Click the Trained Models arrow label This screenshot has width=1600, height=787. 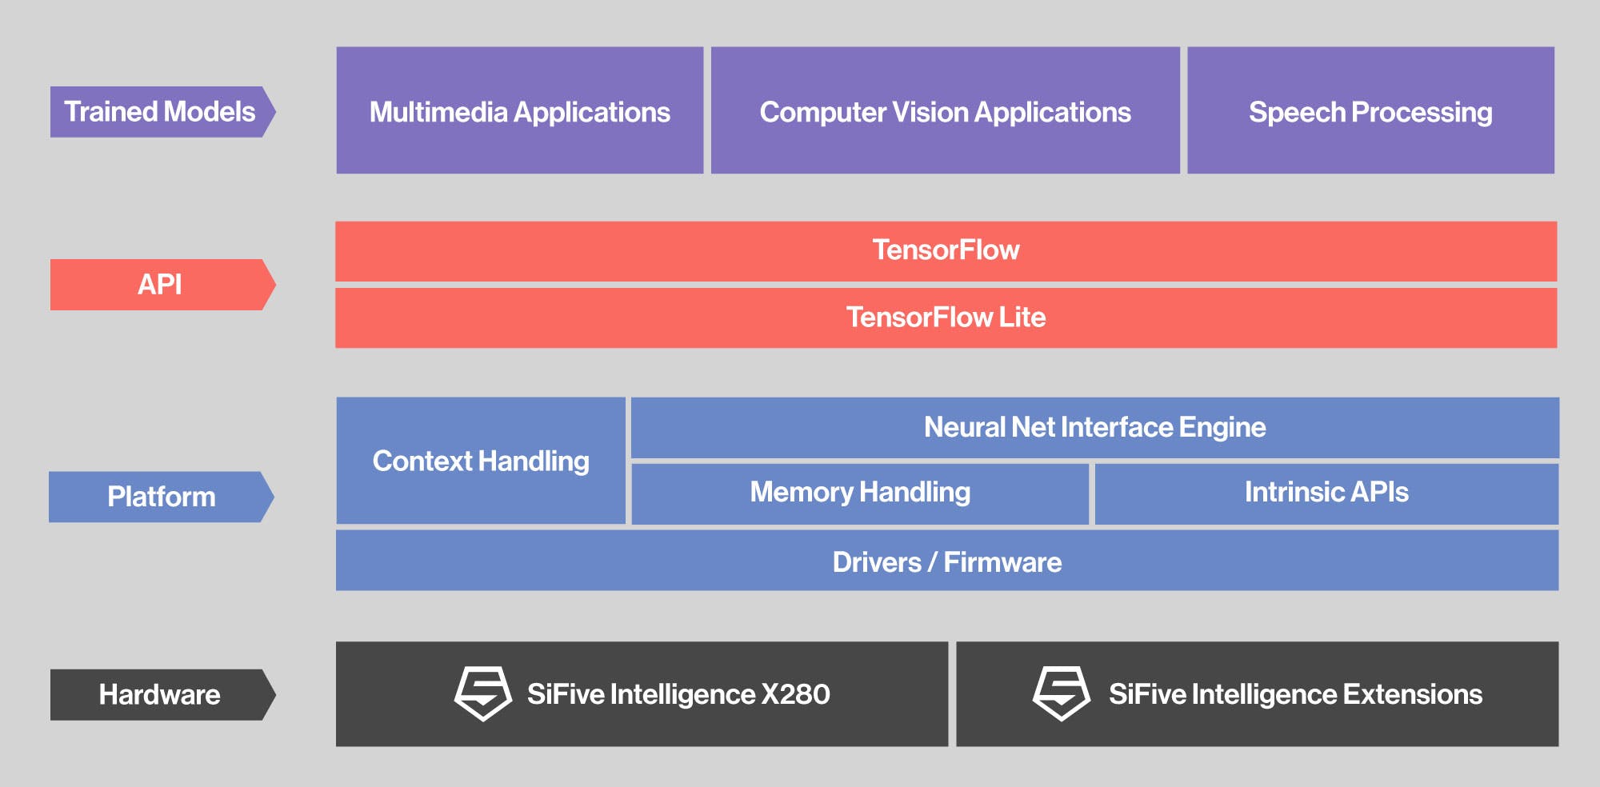point(160,112)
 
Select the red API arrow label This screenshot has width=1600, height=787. point(160,285)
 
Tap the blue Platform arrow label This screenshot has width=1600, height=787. point(160,497)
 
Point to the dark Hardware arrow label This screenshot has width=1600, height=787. point(160,694)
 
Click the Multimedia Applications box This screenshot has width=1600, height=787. point(520,110)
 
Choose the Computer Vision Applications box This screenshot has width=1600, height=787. point(945,110)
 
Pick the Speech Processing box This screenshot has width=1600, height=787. point(1370,110)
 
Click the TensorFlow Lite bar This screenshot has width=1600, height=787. point(946,318)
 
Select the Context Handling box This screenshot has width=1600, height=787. point(481,461)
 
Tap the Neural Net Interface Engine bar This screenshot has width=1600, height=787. point(1094,427)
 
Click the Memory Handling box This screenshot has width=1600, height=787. point(860,493)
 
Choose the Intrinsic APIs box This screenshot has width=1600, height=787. point(1326,493)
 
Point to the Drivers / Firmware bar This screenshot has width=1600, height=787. point(946,561)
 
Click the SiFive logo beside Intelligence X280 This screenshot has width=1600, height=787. point(483,693)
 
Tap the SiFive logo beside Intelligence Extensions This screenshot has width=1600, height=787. point(1061,693)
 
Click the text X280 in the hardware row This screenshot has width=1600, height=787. point(795,694)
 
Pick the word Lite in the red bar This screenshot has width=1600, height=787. point(1022,318)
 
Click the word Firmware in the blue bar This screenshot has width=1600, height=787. point(1002,562)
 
